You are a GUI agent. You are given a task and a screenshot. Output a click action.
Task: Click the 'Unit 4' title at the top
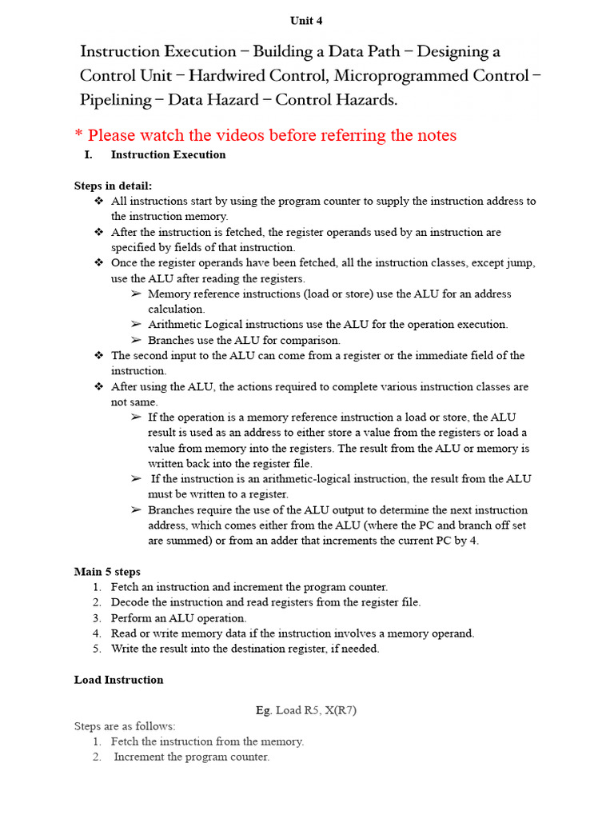click(x=306, y=21)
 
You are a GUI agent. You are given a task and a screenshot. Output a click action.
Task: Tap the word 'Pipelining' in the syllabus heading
click(x=115, y=100)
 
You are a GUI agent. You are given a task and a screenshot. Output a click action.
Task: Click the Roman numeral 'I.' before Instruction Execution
click(x=89, y=155)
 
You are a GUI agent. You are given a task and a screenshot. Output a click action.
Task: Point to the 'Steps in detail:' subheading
click(x=113, y=186)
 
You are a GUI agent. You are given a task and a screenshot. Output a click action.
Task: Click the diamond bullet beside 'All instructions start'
click(x=98, y=201)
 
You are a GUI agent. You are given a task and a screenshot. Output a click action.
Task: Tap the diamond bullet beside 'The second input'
click(x=98, y=355)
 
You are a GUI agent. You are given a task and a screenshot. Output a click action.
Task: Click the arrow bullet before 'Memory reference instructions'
click(x=136, y=294)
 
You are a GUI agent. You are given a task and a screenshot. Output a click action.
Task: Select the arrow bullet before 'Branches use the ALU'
click(x=136, y=340)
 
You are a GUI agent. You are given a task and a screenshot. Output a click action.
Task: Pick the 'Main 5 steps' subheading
click(x=107, y=572)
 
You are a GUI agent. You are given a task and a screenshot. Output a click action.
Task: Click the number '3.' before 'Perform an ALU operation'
click(x=96, y=618)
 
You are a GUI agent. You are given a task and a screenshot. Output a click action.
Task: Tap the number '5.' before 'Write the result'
click(x=96, y=649)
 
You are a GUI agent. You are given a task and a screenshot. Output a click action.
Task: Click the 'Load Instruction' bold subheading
click(x=118, y=680)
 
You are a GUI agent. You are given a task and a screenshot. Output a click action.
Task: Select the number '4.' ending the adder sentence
click(x=476, y=541)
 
